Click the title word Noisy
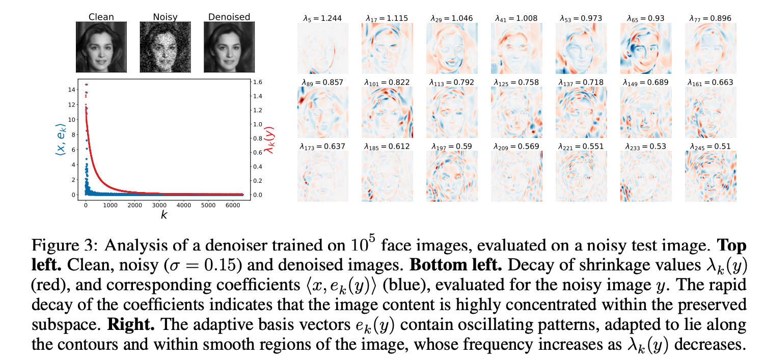click(165, 17)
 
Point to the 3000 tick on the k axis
click(159, 205)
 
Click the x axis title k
click(164, 215)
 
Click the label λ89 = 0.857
click(320, 82)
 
